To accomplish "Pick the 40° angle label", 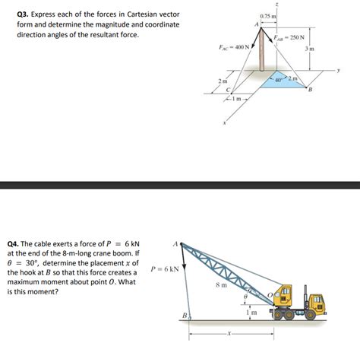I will (279, 80).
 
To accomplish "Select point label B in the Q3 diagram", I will (309, 89).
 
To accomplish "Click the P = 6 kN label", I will (165, 268).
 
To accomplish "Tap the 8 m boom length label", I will (220, 285).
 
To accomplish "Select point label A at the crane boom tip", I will (175, 244).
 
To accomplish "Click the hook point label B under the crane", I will (183, 315).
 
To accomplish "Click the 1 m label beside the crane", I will (251, 313).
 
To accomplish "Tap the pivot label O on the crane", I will (267, 293).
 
